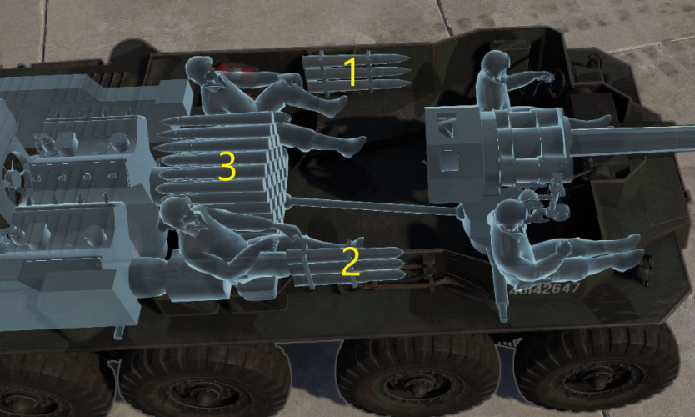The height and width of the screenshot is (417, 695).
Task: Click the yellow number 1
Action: pos(352,73)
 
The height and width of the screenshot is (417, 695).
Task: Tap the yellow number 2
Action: pos(351,261)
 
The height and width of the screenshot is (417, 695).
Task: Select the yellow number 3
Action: pos(227,166)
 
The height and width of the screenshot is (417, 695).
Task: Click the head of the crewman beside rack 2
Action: pos(177,214)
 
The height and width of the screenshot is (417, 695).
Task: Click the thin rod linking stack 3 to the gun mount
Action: pos(375,204)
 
